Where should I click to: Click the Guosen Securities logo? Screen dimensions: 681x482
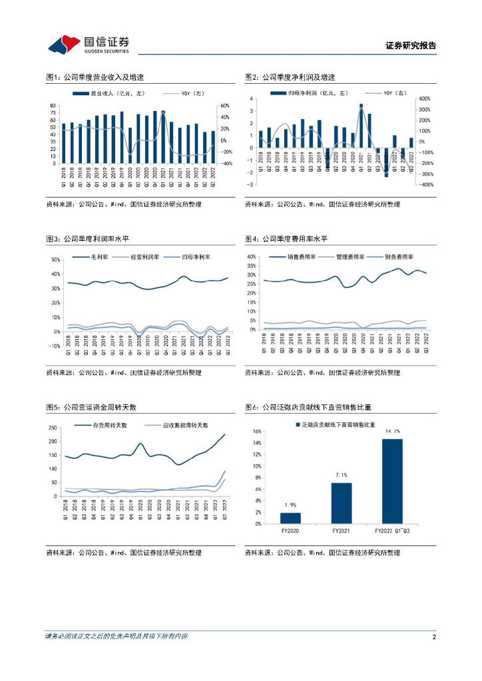(88, 44)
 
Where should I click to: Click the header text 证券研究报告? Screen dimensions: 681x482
(411, 46)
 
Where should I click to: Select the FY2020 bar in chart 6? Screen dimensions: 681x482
(290, 518)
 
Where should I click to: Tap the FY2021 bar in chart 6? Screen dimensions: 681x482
(341, 503)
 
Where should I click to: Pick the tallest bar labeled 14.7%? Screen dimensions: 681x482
(392, 481)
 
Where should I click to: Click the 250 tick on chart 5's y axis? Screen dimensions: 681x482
(53, 429)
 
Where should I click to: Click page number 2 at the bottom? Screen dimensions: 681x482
(433, 637)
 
